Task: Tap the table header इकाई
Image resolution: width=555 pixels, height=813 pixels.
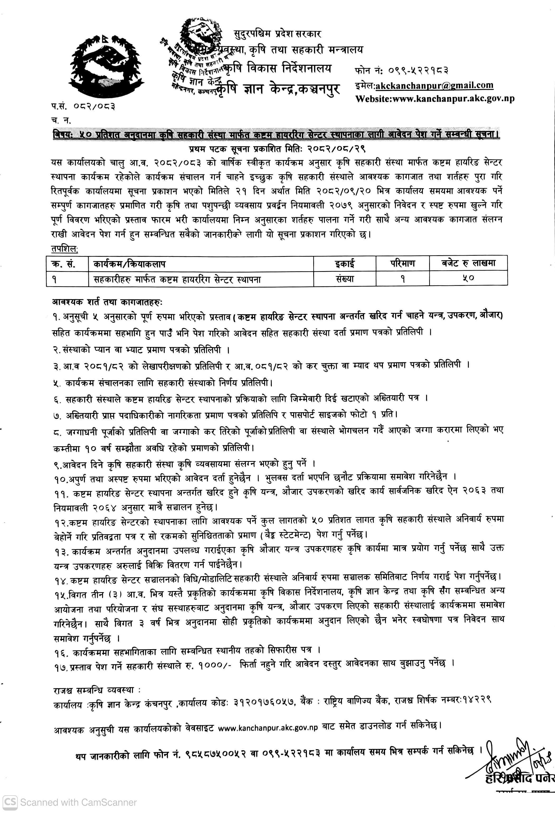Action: pyautogui.click(x=345, y=264)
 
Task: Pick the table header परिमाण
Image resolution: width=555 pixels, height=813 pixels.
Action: pyautogui.click(x=403, y=263)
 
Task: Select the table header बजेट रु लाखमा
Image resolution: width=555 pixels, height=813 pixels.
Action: pyautogui.click(x=468, y=263)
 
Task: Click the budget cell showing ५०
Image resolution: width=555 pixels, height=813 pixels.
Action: pyautogui.click(x=468, y=278)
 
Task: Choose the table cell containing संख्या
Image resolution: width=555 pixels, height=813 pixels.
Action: pyautogui.click(x=345, y=279)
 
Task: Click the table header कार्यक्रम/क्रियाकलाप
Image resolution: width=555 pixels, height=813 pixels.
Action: pyautogui.click(x=129, y=264)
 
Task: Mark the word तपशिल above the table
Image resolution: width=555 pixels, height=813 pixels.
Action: pyautogui.click(x=65, y=249)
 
